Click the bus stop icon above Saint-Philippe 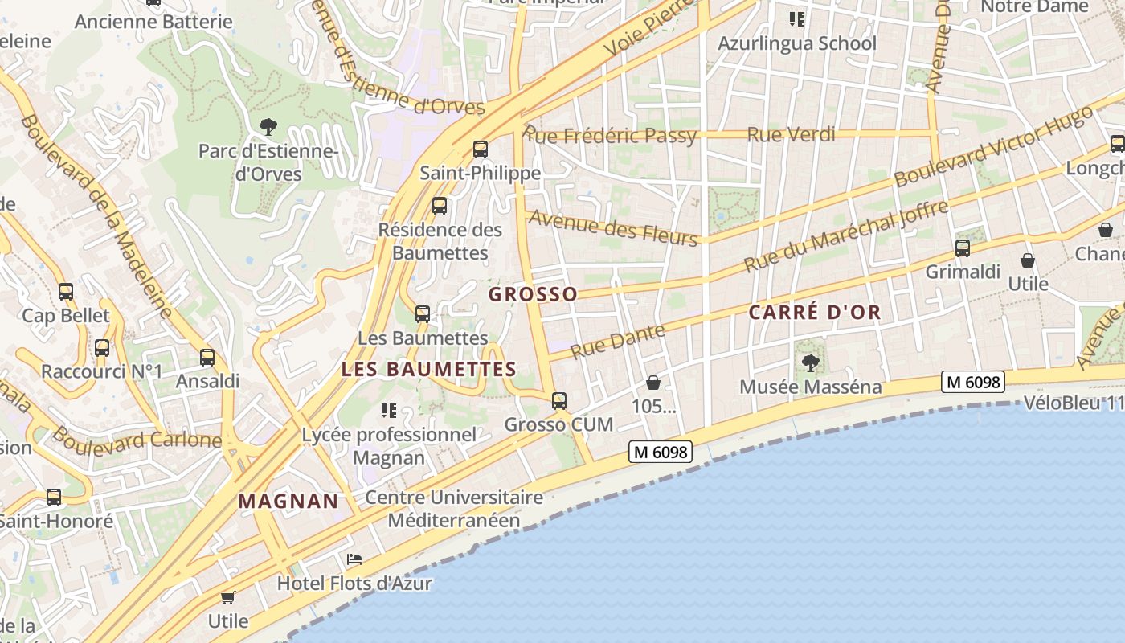click(x=481, y=149)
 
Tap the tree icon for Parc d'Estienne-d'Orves click(x=268, y=126)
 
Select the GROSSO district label click(x=533, y=294)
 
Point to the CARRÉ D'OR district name click(x=815, y=313)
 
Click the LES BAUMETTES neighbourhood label click(x=428, y=370)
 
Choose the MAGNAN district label click(x=288, y=502)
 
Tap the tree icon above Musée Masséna click(x=810, y=363)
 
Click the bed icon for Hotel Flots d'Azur click(x=354, y=559)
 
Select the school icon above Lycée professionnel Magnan click(x=389, y=411)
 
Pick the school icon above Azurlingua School click(x=796, y=18)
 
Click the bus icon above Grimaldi click(x=963, y=248)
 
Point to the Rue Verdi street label click(x=791, y=134)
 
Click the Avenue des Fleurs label click(x=612, y=227)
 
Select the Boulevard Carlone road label click(x=137, y=440)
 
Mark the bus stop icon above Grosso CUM click(x=559, y=400)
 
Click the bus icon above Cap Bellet click(x=66, y=292)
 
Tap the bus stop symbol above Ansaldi click(x=207, y=358)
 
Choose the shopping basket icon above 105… click(x=653, y=383)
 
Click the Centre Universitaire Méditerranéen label click(x=454, y=509)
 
